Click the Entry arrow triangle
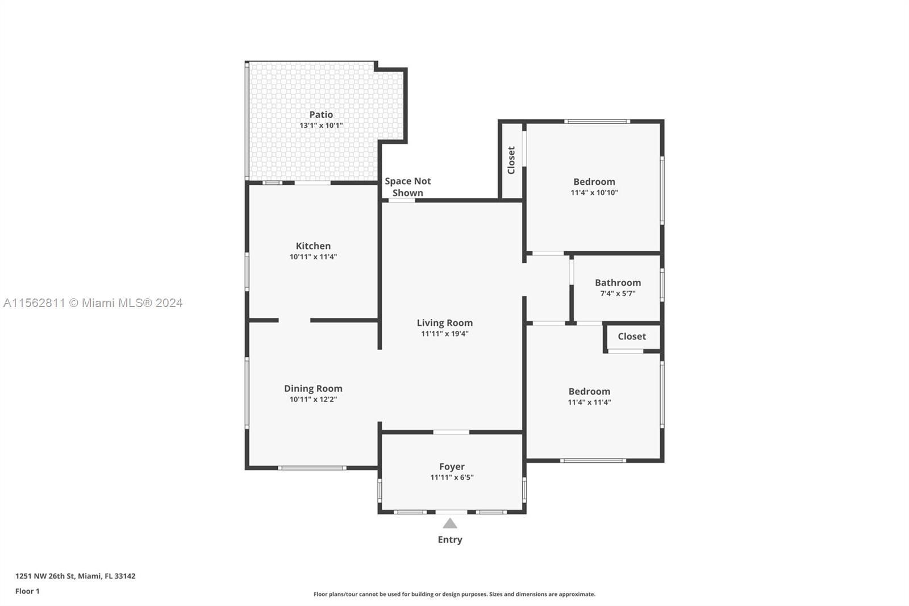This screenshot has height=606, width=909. click(449, 523)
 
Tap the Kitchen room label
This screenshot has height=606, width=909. click(313, 246)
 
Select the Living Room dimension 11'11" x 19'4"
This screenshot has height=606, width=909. click(445, 334)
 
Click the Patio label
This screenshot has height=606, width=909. click(321, 114)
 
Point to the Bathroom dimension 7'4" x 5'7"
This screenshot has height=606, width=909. click(618, 294)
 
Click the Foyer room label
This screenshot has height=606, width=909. click(452, 467)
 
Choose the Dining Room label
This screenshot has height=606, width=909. click(313, 389)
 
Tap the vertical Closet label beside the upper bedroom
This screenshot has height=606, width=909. click(511, 160)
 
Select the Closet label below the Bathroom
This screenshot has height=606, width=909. click(632, 337)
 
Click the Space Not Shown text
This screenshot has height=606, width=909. click(408, 187)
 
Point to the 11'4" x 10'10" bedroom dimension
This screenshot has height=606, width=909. click(594, 193)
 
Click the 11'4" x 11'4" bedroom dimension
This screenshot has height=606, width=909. click(589, 402)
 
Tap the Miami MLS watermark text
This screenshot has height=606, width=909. click(93, 303)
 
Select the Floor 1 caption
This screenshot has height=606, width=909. click(28, 591)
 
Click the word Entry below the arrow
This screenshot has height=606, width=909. click(450, 540)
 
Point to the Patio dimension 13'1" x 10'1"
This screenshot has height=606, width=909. click(321, 126)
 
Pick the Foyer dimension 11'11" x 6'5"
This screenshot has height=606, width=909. click(452, 478)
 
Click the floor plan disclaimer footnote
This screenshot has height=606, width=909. click(454, 594)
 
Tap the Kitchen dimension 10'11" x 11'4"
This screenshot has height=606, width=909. click(313, 257)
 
